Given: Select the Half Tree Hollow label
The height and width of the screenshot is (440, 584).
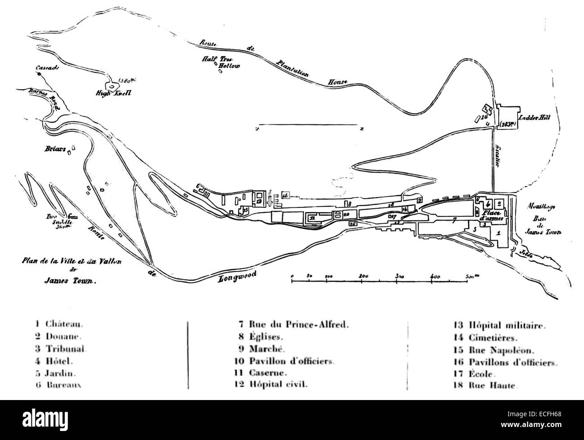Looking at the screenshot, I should (221, 62).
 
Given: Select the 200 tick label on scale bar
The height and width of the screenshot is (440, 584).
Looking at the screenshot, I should (363, 275).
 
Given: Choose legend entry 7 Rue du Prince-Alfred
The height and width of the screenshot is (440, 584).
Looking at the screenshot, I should (293, 323).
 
